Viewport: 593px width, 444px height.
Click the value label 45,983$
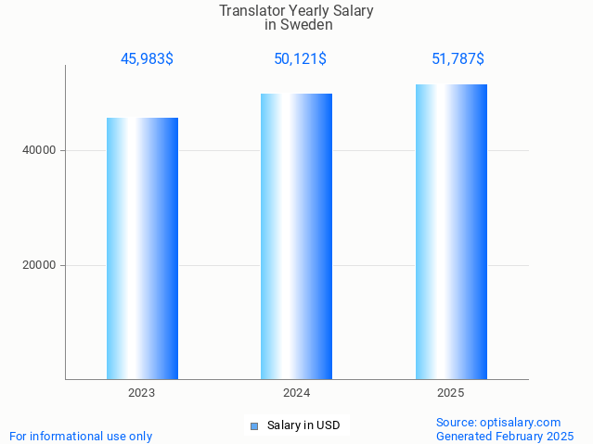click(x=147, y=59)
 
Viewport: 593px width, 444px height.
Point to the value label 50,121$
click(x=300, y=59)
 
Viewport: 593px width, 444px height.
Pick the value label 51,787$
click(x=458, y=59)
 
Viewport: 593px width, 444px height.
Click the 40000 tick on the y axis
click(x=38, y=150)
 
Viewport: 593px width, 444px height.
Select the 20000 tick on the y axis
click(x=38, y=265)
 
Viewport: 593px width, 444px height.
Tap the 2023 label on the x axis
click(x=142, y=393)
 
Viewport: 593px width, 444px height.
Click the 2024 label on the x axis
click(x=296, y=393)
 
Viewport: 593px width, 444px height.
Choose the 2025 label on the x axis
click(x=451, y=393)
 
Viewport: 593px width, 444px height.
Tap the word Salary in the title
click(x=353, y=11)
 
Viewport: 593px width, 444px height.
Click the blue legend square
click(x=253, y=426)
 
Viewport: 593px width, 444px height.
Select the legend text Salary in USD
click(x=303, y=425)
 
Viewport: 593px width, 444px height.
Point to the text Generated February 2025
click(x=505, y=436)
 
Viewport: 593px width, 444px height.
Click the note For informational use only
click(x=81, y=436)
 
